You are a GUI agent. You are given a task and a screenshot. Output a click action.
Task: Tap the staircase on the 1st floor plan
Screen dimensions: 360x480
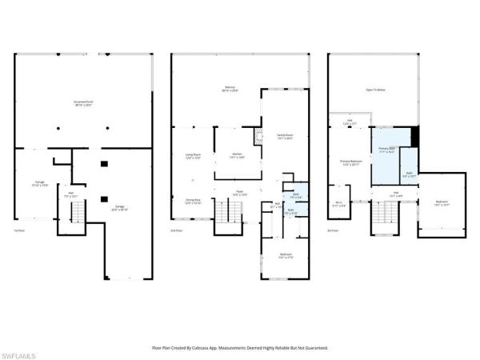[78, 212]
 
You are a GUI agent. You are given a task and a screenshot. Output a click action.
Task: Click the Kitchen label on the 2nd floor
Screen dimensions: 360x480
[238, 155]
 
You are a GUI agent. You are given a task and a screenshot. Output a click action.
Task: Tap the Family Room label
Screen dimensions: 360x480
[285, 137]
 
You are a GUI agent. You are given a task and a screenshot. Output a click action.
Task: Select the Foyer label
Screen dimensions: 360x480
[238, 192]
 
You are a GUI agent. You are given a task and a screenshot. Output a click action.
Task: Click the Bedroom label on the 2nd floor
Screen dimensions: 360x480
[285, 256]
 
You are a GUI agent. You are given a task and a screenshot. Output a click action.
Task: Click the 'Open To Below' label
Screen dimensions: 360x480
[375, 90]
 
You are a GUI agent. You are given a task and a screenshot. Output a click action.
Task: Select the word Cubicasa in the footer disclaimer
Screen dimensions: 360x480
[206, 348]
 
